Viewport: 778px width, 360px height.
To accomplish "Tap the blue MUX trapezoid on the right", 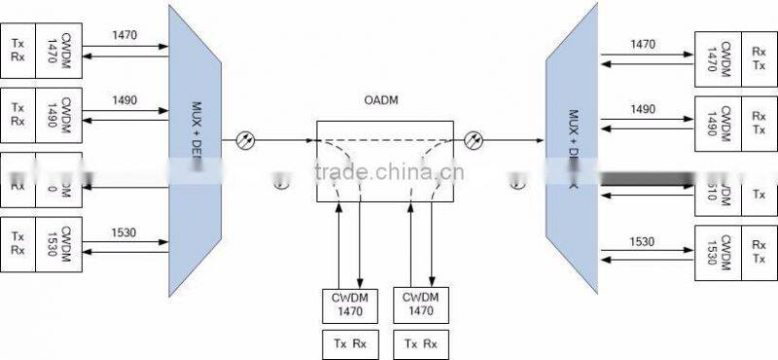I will point(570,146).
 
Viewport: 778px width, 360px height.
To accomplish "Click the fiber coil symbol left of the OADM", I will point(247,140).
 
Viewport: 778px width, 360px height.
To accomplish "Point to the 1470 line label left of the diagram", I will point(124,34).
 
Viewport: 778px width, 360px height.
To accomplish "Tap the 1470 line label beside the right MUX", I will point(643,44).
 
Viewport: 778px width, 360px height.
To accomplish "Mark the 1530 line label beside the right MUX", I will point(643,240).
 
